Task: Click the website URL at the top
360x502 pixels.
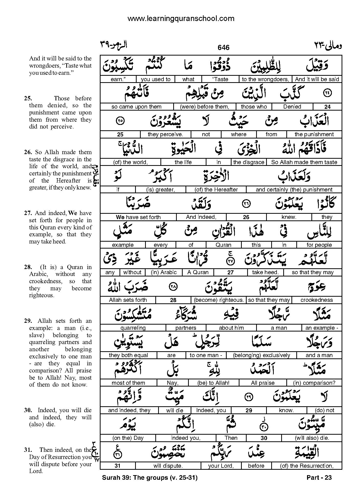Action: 181,18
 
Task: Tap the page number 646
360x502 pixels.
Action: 223,47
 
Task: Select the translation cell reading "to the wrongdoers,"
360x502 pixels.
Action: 265,79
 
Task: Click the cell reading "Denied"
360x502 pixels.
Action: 292,107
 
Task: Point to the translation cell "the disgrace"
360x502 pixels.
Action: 248,162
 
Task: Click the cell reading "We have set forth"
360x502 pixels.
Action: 138,217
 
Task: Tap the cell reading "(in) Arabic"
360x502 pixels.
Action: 164,272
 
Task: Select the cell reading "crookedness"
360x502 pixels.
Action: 317,300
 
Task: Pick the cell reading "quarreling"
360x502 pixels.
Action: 133,328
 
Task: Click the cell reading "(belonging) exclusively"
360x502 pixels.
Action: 261,355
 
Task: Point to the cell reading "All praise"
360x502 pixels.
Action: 263,383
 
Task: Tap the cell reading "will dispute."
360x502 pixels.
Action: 168,466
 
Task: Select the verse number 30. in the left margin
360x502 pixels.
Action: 28,410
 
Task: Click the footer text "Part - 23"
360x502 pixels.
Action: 319,477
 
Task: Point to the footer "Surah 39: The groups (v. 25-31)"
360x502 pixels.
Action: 150,477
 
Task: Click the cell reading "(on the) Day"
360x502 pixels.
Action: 128,438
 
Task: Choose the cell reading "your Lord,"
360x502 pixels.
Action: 221,466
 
